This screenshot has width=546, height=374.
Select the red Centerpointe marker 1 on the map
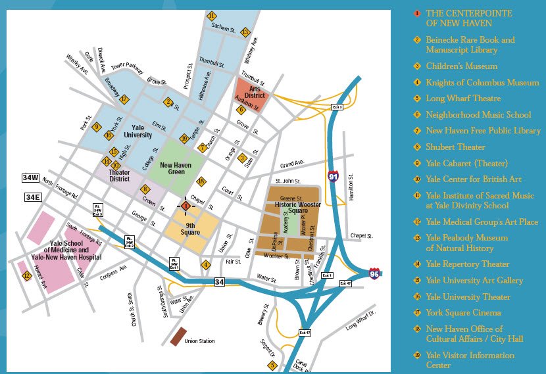pos(186,206)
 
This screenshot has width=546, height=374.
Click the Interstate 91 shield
pos(334,175)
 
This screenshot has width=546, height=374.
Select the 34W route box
pos(31,177)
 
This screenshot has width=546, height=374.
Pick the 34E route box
pos(32,197)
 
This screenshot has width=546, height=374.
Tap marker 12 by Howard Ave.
pos(26,276)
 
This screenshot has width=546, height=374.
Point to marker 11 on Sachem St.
pos(211,16)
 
